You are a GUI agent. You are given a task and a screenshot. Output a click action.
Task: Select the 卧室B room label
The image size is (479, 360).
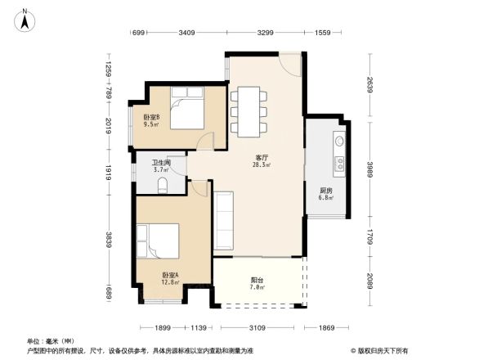(152, 116)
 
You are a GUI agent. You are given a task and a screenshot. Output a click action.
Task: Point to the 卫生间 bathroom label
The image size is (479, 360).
(160, 162)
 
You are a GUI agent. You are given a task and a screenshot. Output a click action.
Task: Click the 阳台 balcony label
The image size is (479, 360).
(257, 280)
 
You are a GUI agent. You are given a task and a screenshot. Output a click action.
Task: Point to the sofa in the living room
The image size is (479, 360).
(224, 221)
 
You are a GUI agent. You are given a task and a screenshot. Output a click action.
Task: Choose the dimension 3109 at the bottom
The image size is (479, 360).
(257, 327)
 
